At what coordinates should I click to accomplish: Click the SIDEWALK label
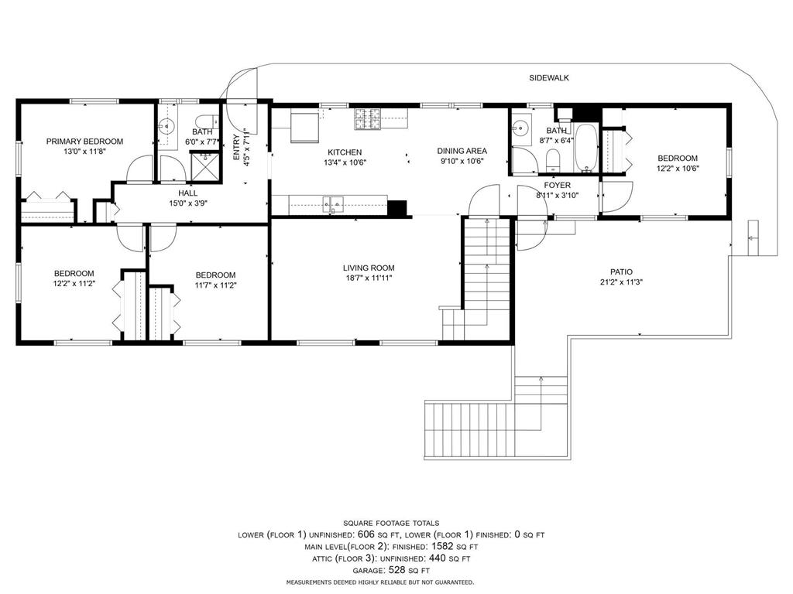click(x=549, y=78)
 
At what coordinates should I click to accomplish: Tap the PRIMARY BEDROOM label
click(x=84, y=142)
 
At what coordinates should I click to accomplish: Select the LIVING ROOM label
click(x=369, y=268)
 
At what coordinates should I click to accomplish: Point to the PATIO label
click(x=621, y=271)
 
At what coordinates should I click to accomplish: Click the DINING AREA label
click(x=462, y=152)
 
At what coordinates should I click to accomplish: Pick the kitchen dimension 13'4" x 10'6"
click(x=345, y=162)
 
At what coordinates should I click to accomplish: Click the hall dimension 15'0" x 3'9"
click(x=187, y=204)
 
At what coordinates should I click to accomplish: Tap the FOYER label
click(x=557, y=186)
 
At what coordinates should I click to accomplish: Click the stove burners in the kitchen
click(x=369, y=118)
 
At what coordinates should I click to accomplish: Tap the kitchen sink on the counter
click(x=333, y=204)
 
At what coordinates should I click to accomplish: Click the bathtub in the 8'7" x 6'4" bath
click(x=585, y=147)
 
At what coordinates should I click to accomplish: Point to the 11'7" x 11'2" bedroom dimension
click(x=215, y=285)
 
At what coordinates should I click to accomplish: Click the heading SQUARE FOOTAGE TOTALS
click(x=391, y=524)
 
